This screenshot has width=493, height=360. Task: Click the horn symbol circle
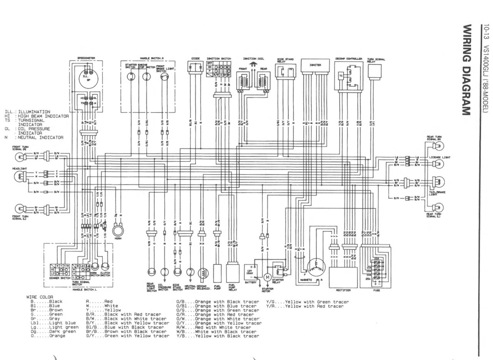(x=117, y=230)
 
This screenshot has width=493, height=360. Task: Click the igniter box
(x=315, y=66)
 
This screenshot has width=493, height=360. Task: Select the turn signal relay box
(x=374, y=72)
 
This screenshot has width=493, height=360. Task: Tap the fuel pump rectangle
(x=217, y=273)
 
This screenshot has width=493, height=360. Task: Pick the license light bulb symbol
(x=438, y=164)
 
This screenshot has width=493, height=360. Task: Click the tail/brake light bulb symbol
(x=438, y=182)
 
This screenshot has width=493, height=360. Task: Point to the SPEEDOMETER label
(x=86, y=58)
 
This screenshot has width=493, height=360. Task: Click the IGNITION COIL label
(x=253, y=59)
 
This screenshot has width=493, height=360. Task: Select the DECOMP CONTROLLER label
(x=349, y=59)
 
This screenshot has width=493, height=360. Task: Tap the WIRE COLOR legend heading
(x=40, y=297)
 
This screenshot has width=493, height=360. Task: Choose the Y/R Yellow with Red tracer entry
(x=304, y=306)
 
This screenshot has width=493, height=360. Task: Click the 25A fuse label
(x=369, y=277)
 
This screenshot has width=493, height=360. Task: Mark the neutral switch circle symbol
(x=190, y=272)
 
